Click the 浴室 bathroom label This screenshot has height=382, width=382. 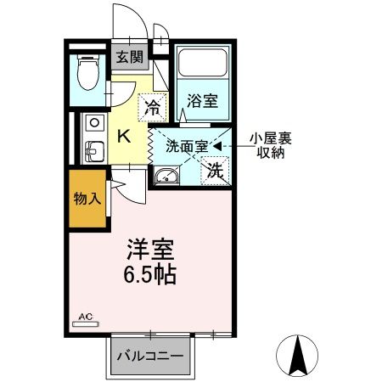(203, 101)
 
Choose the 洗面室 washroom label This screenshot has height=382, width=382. (186, 144)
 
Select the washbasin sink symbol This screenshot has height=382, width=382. (167, 177)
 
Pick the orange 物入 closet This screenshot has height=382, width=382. (87, 200)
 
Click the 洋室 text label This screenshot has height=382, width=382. (152, 250)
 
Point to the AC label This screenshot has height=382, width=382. (87, 317)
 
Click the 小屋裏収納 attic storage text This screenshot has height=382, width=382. (267, 145)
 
